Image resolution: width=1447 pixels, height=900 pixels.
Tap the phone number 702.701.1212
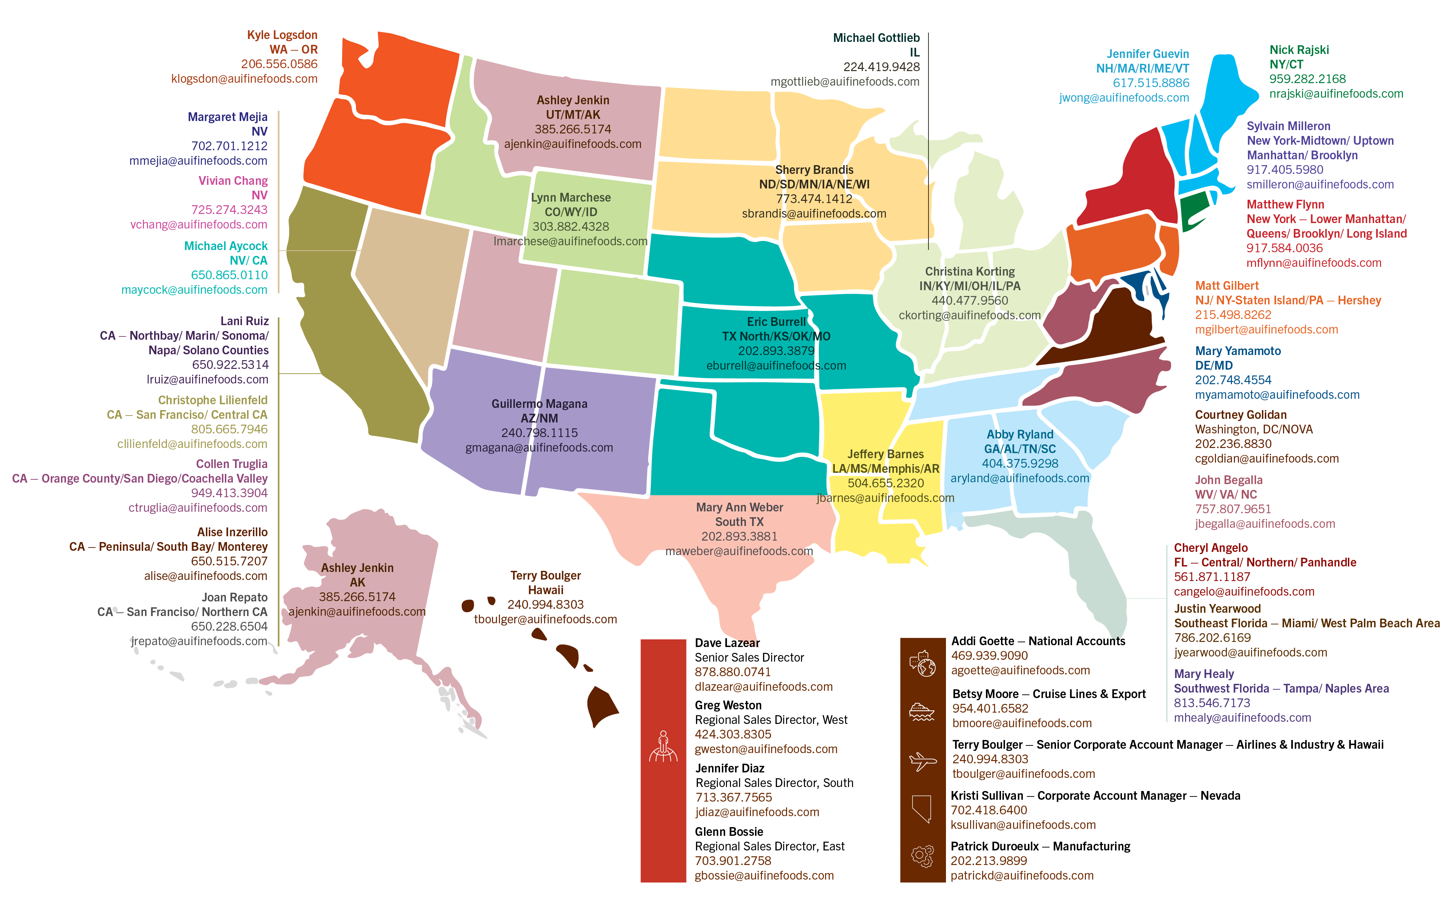point(229,146)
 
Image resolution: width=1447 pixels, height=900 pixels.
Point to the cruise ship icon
point(922,711)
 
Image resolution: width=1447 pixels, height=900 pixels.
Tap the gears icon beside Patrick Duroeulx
point(922,856)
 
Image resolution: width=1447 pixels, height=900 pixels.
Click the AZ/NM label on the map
point(539,418)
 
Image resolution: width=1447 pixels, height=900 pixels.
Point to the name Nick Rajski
point(1299,50)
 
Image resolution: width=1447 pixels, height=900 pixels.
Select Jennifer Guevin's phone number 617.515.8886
point(1151,83)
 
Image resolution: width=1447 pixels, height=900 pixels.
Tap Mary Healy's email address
point(1242,718)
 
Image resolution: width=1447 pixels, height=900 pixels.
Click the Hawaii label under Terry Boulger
point(545,590)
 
